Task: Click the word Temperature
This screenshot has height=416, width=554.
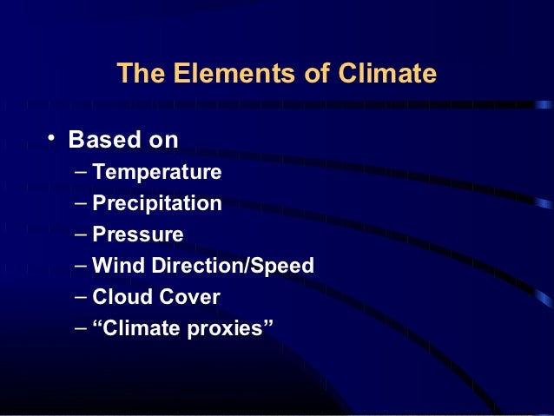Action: (157, 172)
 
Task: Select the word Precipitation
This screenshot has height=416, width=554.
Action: (157, 204)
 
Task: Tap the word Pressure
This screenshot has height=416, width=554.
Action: (138, 235)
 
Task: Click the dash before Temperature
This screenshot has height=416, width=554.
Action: (80, 171)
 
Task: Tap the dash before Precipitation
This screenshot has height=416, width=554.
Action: (80, 202)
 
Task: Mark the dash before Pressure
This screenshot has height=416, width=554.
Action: (80, 234)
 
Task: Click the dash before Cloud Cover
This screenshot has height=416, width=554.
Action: (80, 297)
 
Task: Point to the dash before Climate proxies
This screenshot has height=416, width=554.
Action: (80, 328)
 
